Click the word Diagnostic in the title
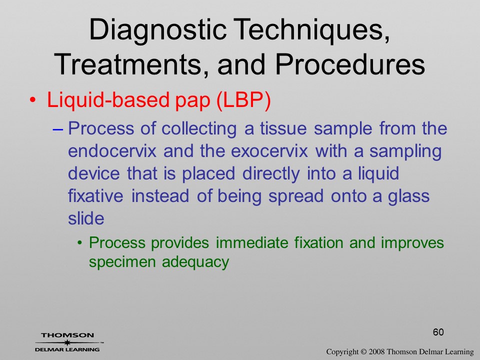(157, 29)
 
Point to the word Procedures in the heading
(350, 64)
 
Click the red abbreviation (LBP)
(243, 100)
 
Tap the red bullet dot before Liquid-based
(33, 100)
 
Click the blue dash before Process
(58, 129)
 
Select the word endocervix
(112, 151)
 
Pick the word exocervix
(269, 151)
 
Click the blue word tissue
(283, 128)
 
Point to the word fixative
(95, 196)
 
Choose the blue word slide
(86, 218)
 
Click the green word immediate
(252, 243)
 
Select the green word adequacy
(195, 262)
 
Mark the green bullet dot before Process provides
(80, 243)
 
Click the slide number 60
(438, 332)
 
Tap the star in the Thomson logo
(66, 342)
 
